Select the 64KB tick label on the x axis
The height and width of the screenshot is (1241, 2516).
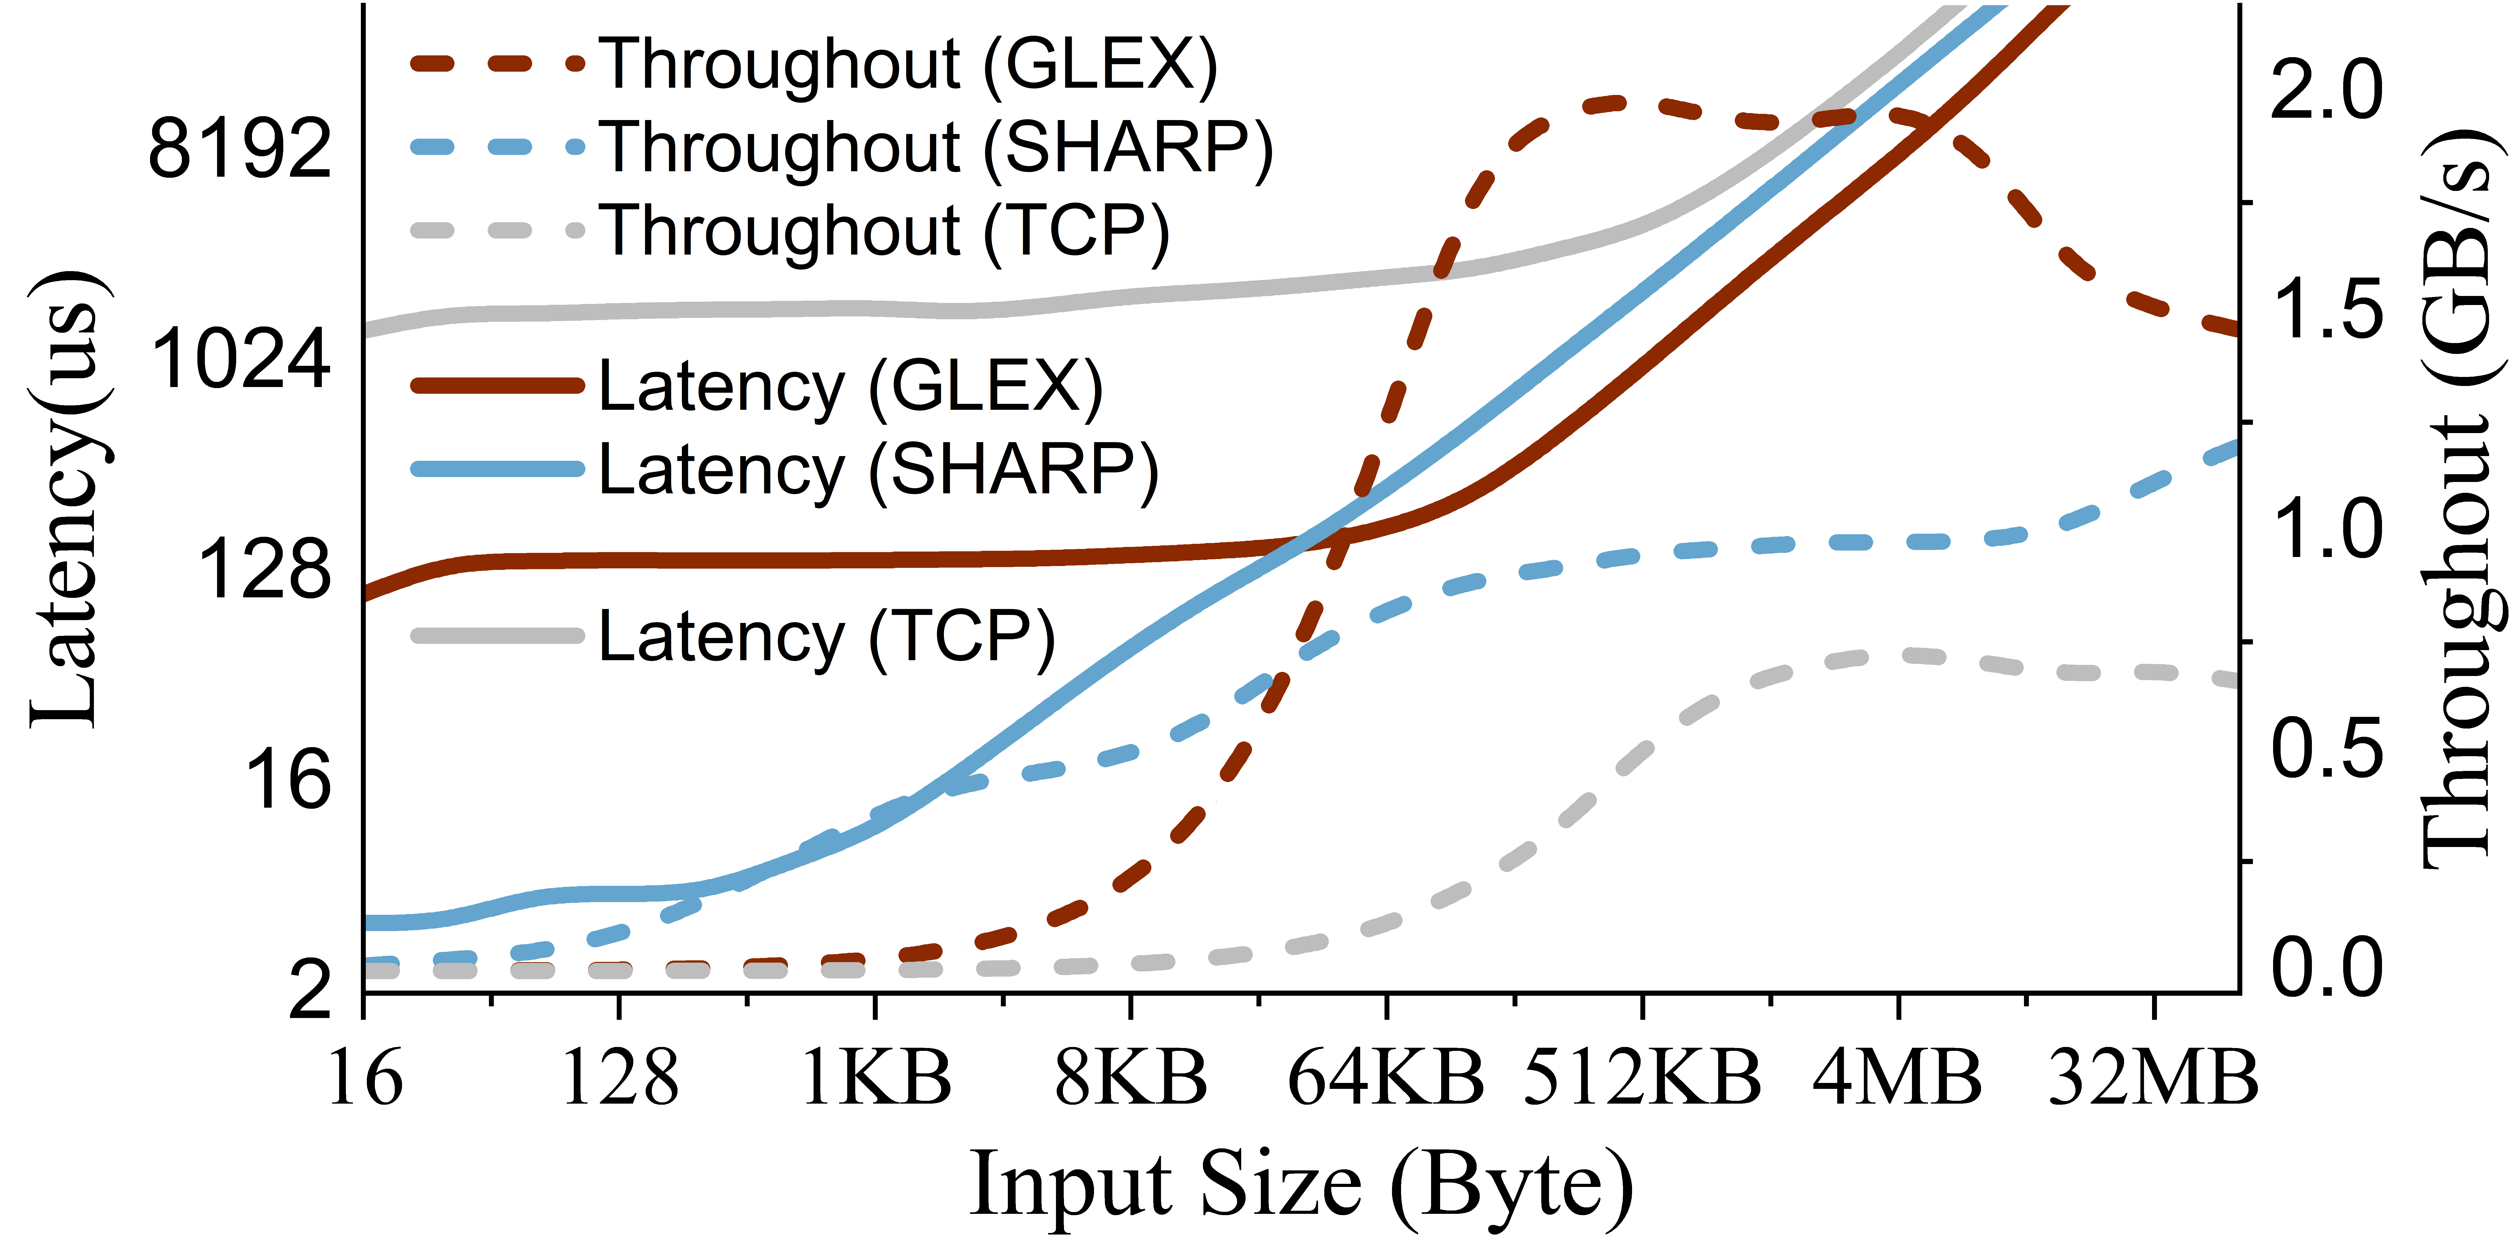1386,1078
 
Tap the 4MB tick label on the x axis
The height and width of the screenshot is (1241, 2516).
1898,1078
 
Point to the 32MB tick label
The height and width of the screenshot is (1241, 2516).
2153,1078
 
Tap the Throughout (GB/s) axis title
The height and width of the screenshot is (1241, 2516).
2463,498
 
